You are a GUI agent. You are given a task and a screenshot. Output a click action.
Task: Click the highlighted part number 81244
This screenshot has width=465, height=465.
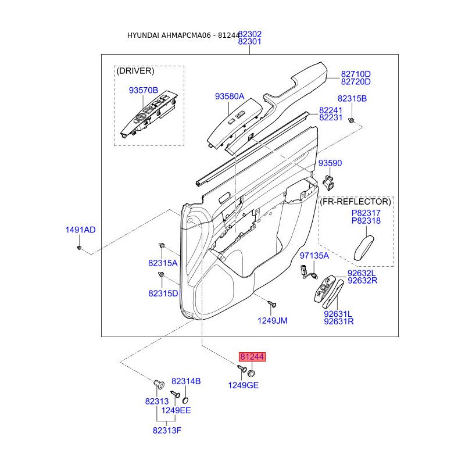click(252, 357)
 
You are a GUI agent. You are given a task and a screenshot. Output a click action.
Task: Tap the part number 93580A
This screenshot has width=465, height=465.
click(229, 96)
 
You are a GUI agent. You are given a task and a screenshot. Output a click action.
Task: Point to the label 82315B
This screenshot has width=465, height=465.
click(352, 99)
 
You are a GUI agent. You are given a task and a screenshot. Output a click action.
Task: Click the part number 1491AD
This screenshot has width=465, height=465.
click(80, 230)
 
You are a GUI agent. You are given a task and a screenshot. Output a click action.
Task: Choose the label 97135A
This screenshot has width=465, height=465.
click(314, 255)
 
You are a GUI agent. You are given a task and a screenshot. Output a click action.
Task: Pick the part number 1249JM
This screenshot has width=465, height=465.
click(273, 320)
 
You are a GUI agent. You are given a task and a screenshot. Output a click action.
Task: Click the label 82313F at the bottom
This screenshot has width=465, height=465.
click(167, 430)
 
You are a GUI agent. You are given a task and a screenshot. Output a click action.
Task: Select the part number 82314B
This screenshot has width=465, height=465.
click(186, 381)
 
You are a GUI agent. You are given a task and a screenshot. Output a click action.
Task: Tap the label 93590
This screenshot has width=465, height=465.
click(330, 163)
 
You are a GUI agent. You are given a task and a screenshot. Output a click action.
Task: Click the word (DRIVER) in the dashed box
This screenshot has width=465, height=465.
click(135, 71)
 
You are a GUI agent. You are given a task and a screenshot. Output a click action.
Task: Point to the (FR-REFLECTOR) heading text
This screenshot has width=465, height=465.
click(356, 201)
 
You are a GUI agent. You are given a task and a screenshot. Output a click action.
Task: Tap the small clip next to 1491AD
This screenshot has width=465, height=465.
click(80, 248)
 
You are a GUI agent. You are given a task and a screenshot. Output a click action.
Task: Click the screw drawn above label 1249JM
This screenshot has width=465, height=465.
click(271, 303)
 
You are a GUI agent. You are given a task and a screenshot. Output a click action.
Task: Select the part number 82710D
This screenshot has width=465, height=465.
click(355, 74)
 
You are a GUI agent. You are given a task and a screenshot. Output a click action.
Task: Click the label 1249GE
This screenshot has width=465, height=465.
click(243, 385)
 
